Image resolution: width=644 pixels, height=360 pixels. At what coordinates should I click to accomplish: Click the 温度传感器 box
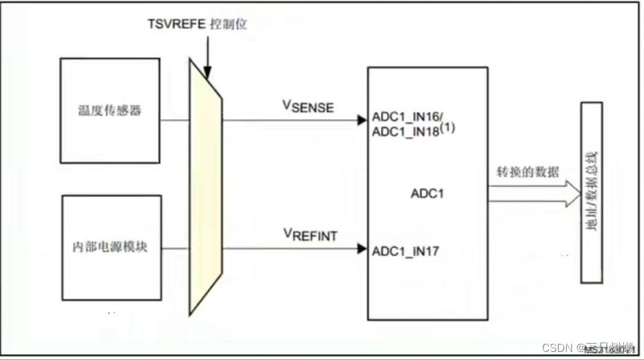110,111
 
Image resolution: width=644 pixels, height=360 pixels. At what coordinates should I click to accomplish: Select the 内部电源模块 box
110,247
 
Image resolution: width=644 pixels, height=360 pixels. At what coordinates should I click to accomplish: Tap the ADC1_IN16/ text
407,116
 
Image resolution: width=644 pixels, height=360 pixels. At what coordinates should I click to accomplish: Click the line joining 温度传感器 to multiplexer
175,121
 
